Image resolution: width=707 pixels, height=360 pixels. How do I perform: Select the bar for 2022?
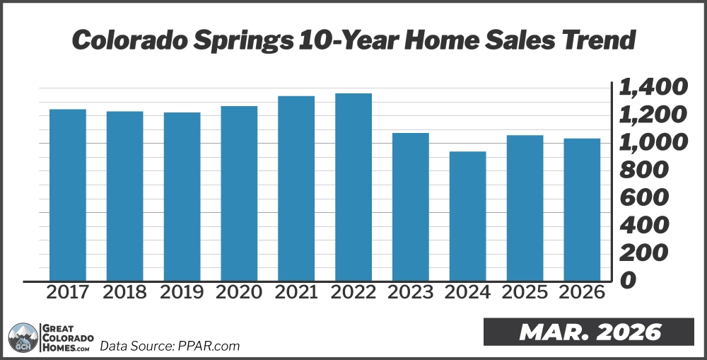[353, 187]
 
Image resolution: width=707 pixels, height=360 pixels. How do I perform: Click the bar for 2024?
[467, 216]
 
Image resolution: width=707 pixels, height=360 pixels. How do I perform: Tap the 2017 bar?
[67, 194]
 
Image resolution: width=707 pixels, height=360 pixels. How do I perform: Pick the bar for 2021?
[296, 188]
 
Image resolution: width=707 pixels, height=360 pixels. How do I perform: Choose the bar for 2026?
[582, 209]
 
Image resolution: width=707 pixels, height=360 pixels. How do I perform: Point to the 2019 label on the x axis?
[182, 292]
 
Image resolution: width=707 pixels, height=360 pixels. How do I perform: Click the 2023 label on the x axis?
[410, 292]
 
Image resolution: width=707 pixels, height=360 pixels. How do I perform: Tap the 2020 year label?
[239, 292]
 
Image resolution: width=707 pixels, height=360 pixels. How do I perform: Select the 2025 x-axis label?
[525, 292]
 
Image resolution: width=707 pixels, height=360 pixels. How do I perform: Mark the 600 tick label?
[643, 198]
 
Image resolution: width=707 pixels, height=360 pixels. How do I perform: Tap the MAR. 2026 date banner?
[588, 332]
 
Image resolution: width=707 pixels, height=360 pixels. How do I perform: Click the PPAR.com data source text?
[170, 346]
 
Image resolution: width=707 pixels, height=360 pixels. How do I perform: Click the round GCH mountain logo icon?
[23, 337]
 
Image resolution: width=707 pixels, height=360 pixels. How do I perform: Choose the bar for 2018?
[124, 196]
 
